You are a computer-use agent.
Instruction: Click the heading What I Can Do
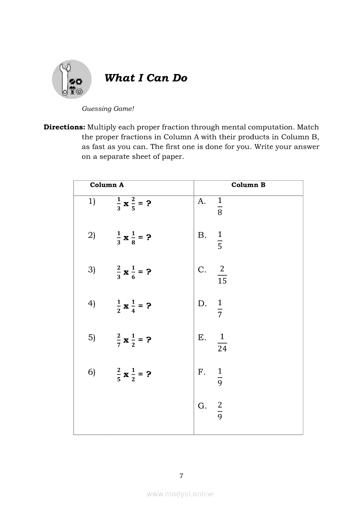point(146,78)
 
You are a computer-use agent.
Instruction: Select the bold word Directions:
point(64,127)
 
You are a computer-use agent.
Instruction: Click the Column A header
point(107,185)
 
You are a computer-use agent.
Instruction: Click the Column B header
point(248,185)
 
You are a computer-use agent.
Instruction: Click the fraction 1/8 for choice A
point(220,206)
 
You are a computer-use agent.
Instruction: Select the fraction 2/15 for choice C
point(222,275)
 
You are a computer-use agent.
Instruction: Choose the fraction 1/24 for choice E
point(222,343)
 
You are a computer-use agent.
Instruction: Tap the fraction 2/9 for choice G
point(220,411)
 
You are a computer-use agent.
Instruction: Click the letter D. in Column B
point(202,303)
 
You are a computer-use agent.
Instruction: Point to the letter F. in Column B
point(202,372)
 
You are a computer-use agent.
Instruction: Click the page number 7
point(181,475)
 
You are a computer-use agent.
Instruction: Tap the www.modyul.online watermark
point(180,494)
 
